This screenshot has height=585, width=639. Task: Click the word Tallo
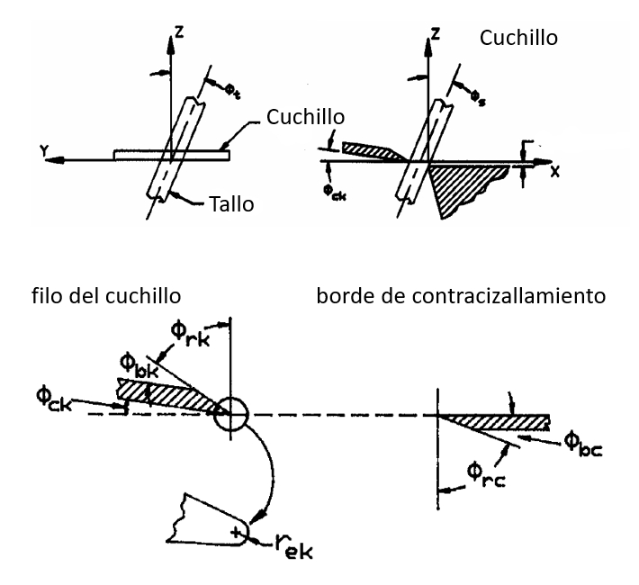coord(230,204)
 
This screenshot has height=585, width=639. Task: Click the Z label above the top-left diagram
coord(180,34)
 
